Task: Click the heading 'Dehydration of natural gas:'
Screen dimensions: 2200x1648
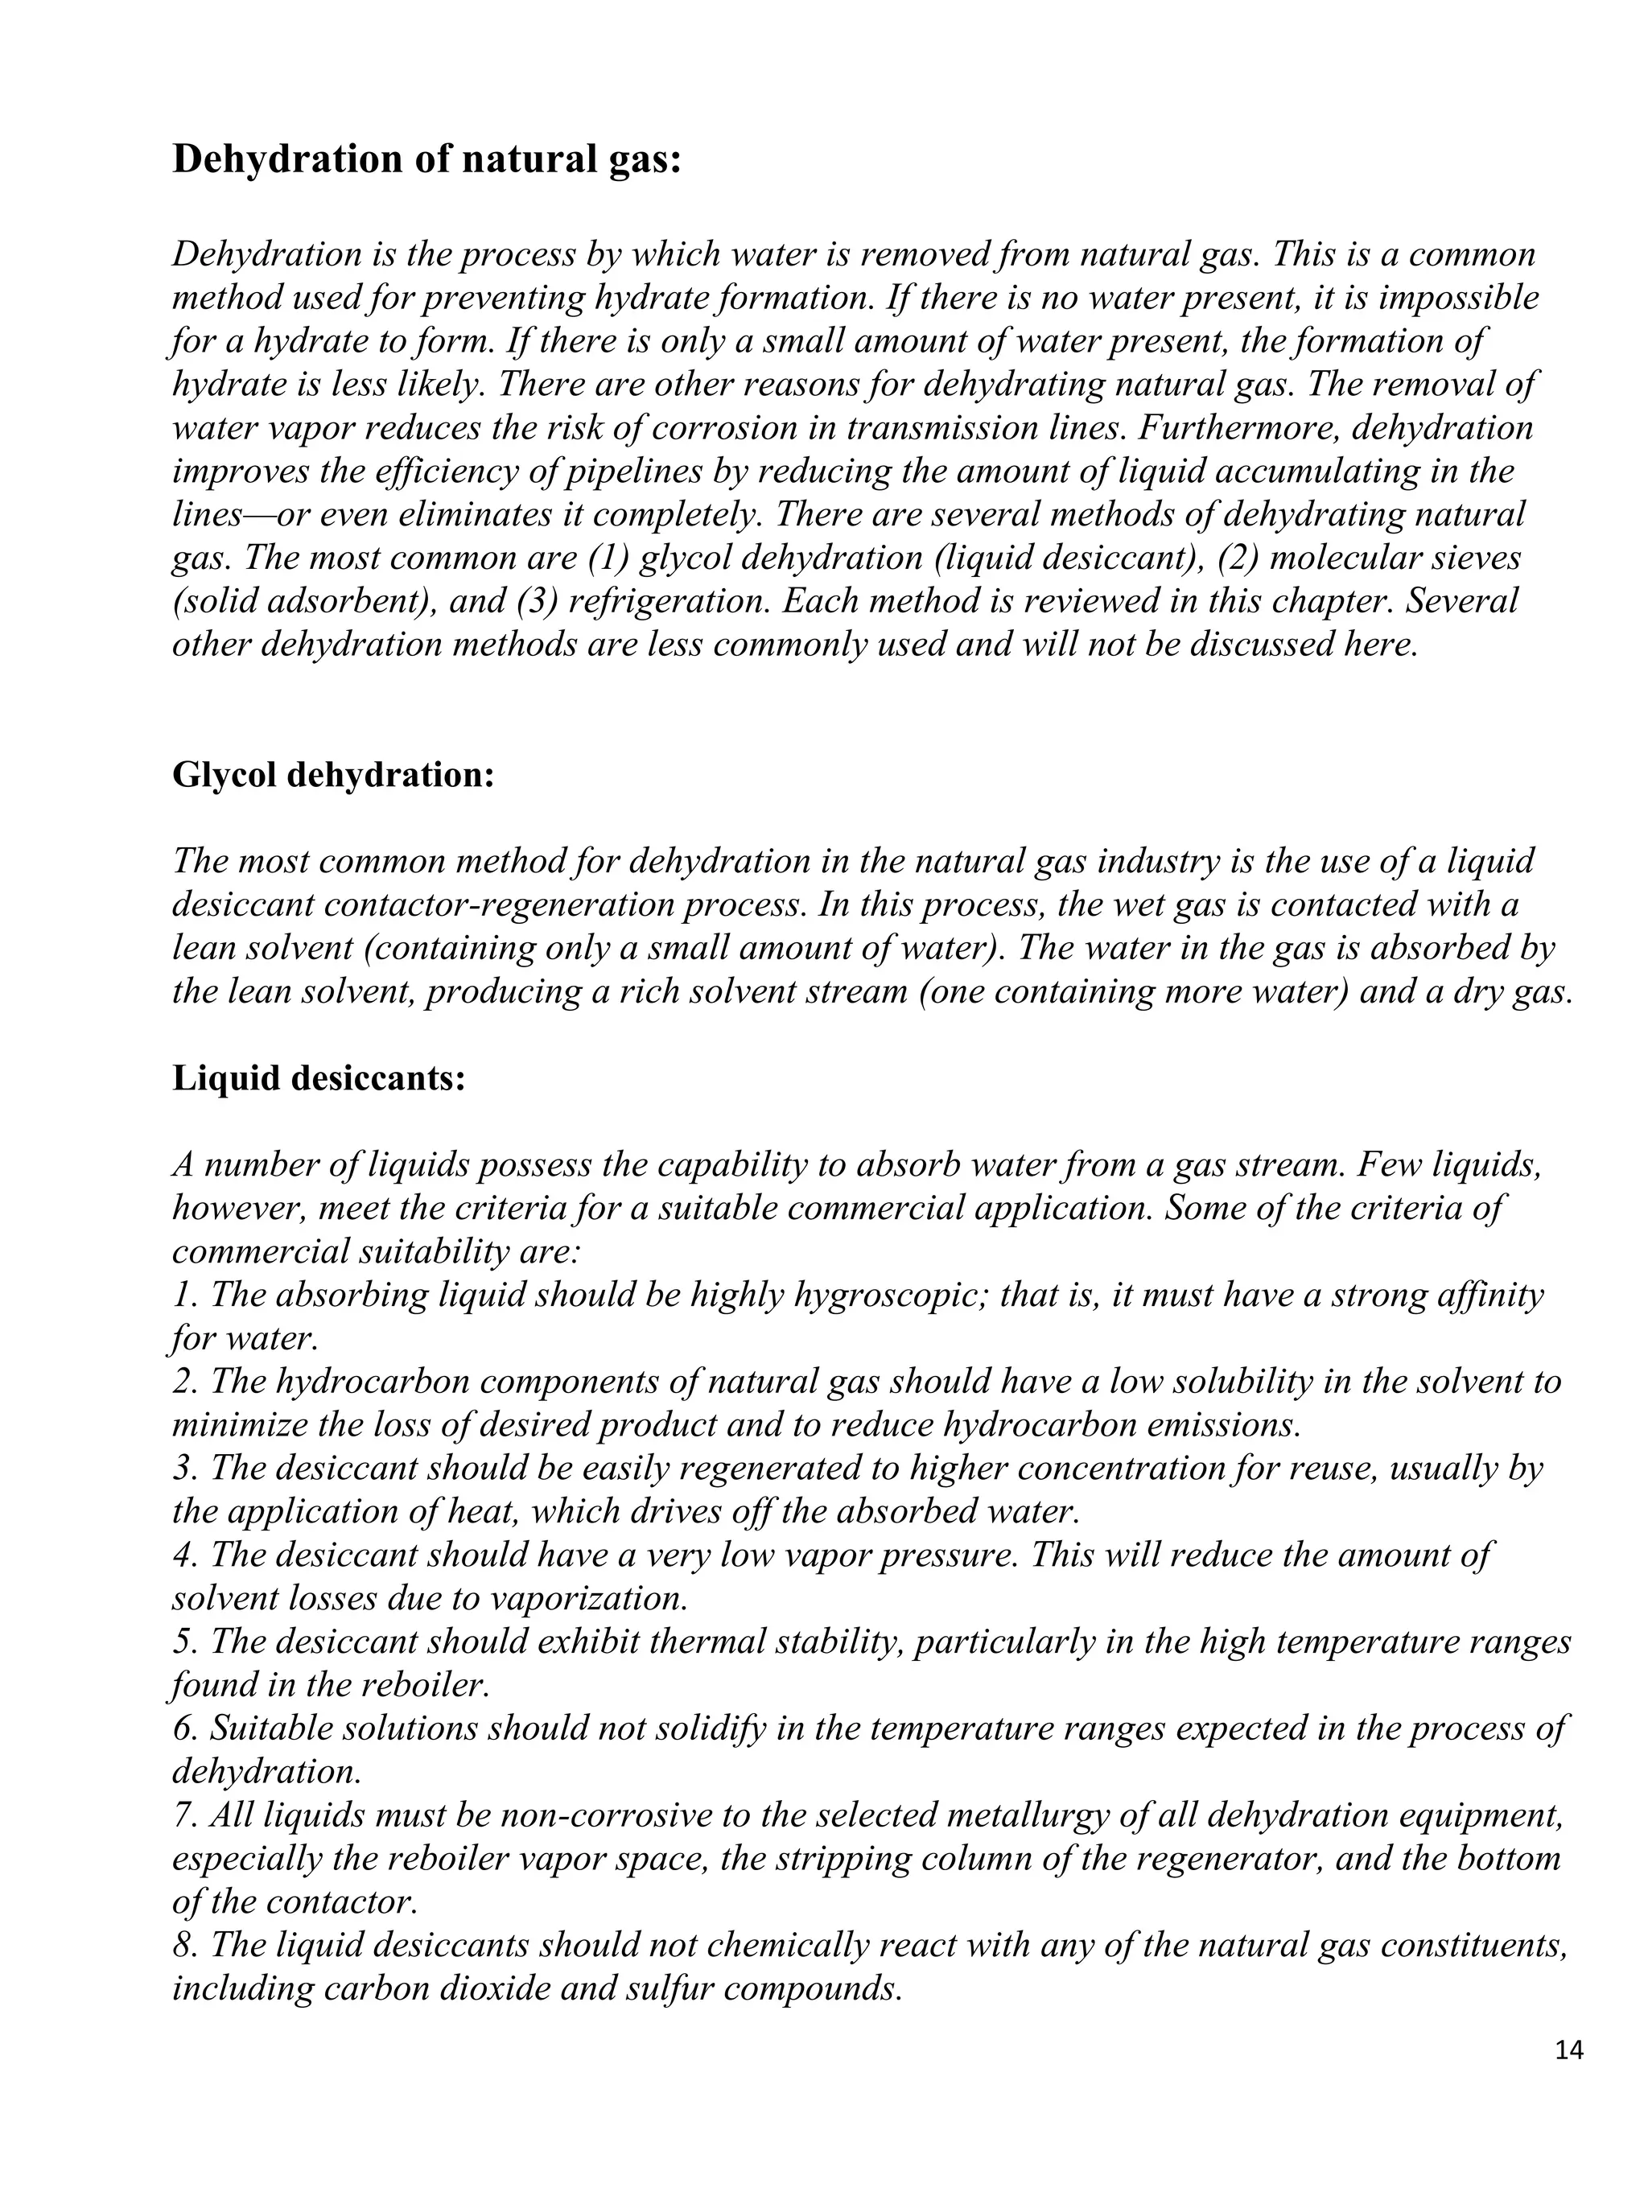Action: point(426,159)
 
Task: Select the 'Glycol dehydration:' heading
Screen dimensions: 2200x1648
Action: point(332,774)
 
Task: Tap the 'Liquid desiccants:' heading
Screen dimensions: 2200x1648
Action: point(319,1077)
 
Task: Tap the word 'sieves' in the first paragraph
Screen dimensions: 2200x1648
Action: point(1473,558)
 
